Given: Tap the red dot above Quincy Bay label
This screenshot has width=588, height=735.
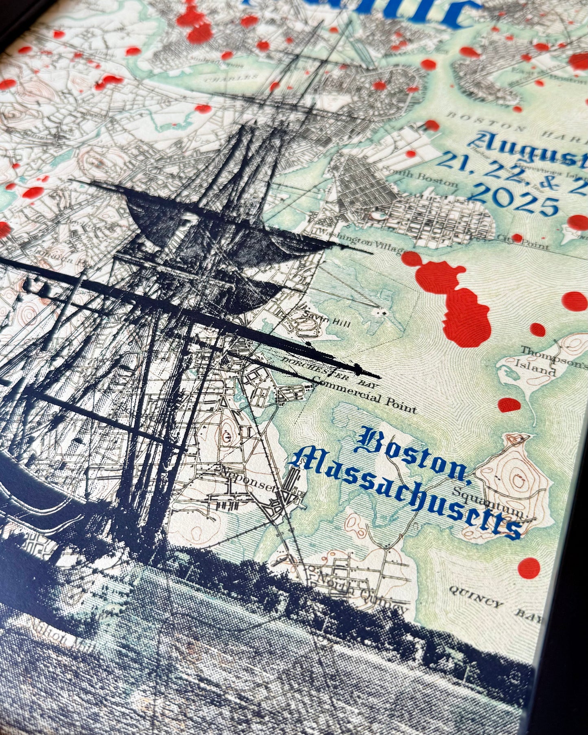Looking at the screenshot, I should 529,566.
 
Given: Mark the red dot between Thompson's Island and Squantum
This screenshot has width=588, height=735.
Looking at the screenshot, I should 509,405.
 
